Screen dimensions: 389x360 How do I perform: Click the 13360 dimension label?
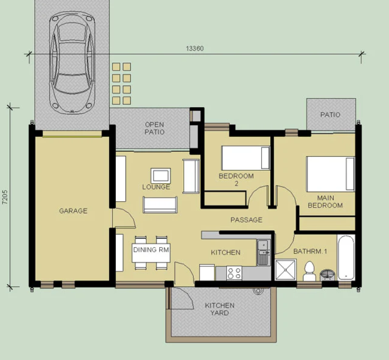tap(195, 49)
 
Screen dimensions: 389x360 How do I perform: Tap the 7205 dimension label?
tap(5, 197)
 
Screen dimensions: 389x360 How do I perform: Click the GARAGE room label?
tap(73, 211)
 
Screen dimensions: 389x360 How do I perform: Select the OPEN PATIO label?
tap(154, 128)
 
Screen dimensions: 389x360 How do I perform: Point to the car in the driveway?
tap(72, 63)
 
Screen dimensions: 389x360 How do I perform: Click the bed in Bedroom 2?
tap(246, 158)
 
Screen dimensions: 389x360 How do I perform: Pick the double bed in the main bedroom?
tap(330, 174)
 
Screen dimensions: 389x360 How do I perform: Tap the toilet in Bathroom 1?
tap(309, 271)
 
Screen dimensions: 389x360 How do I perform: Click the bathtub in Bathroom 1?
tap(346, 258)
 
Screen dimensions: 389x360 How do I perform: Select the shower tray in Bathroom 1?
tap(286, 270)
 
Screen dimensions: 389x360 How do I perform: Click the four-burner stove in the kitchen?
tap(234, 273)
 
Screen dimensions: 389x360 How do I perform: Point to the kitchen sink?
tap(263, 252)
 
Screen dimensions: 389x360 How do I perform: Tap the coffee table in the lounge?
tap(161, 176)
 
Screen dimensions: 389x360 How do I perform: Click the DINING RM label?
tap(151, 249)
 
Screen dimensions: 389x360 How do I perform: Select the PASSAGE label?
tap(246, 220)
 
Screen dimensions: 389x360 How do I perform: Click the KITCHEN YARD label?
tap(220, 309)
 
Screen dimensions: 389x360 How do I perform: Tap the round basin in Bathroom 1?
tap(327, 275)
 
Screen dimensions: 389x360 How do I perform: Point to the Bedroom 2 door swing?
tap(258, 196)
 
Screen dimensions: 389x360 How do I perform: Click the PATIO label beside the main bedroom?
tap(330, 115)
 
